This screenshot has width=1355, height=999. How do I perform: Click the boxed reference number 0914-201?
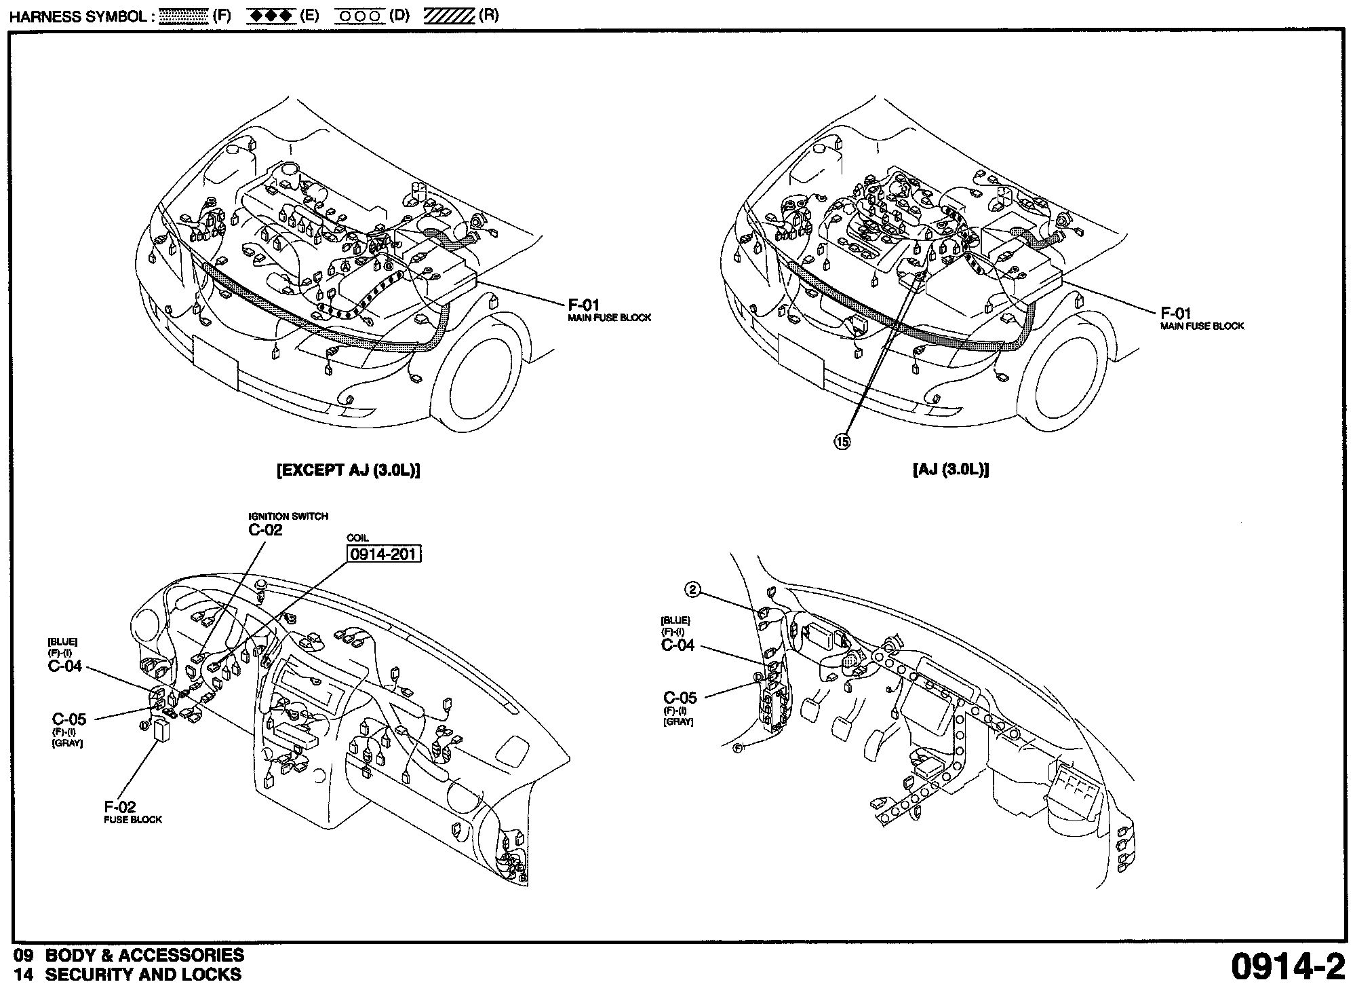(x=384, y=554)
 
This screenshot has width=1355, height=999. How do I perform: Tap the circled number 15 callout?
(x=841, y=441)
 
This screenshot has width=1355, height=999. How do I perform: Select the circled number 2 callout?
(x=692, y=590)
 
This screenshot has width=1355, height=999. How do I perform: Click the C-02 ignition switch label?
(x=265, y=530)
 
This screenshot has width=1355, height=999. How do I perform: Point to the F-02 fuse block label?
(x=120, y=807)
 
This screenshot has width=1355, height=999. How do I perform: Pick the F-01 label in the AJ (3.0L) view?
(x=1176, y=314)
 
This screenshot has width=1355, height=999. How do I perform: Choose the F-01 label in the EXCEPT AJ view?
(x=584, y=305)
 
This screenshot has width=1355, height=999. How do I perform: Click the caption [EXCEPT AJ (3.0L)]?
(x=349, y=470)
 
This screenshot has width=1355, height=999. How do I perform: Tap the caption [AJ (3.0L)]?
(x=951, y=470)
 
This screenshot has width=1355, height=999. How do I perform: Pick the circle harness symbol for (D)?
(x=359, y=16)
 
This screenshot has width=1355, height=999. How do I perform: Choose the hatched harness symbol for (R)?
(x=448, y=16)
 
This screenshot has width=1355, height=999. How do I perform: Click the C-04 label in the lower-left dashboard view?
(x=65, y=666)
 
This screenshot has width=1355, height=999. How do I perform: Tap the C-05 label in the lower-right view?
(x=680, y=698)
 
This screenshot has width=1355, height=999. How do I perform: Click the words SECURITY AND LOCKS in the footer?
(x=143, y=975)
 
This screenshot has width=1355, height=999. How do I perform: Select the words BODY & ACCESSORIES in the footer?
(x=144, y=955)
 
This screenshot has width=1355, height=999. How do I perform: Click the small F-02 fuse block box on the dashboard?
(x=163, y=731)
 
